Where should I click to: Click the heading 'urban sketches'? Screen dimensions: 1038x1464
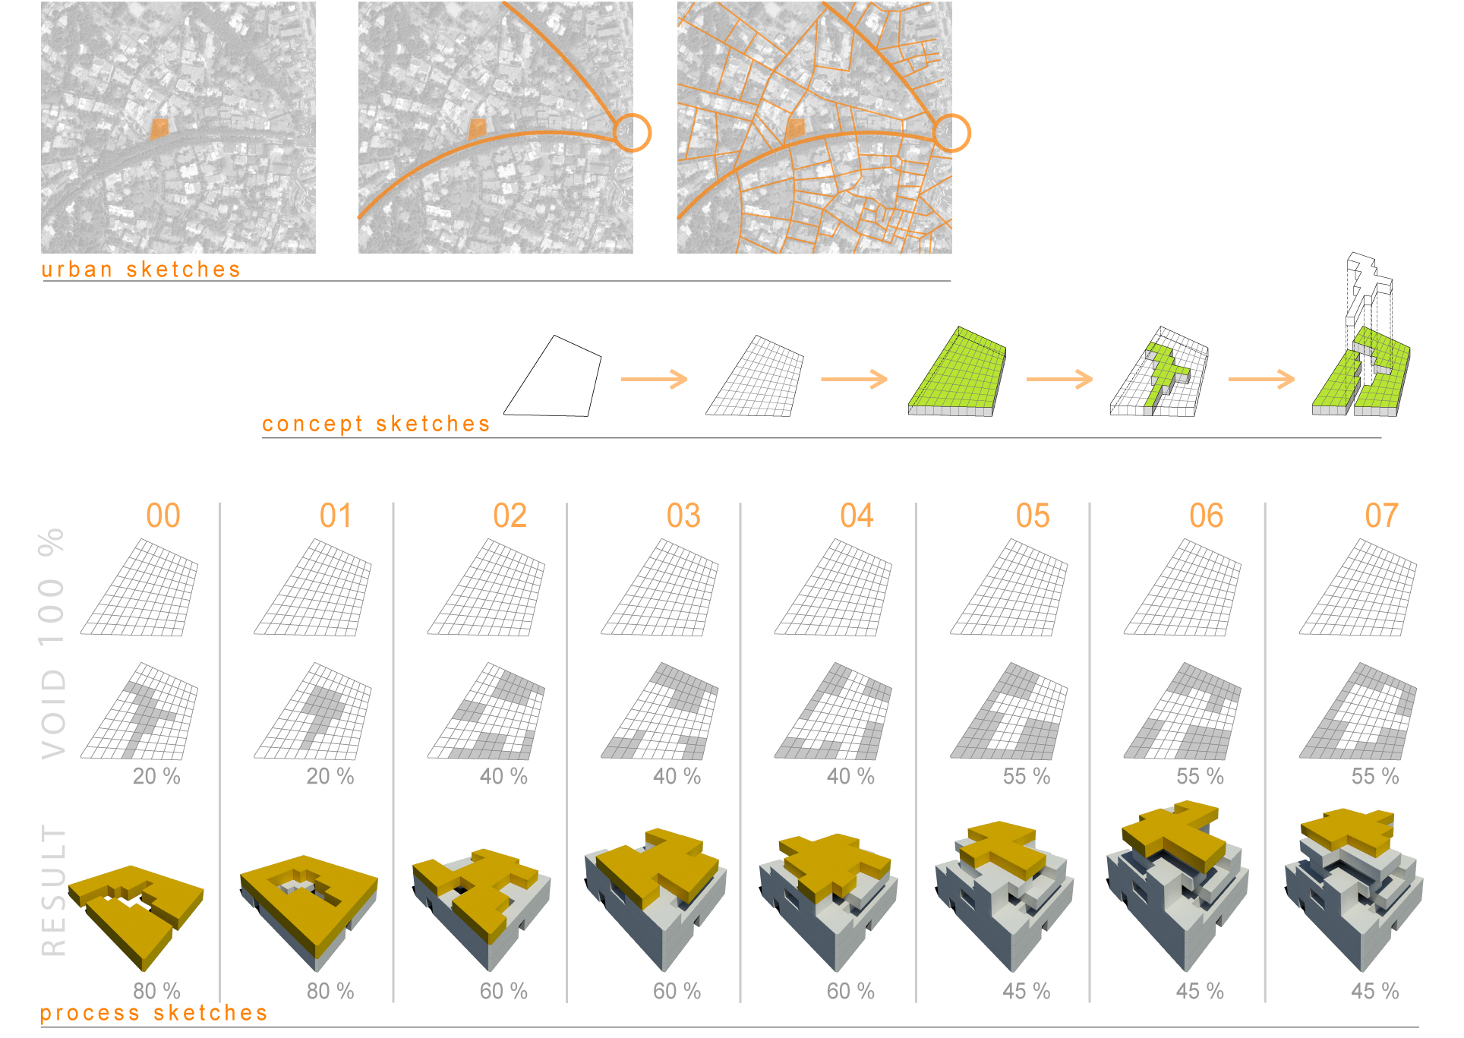coord(140,270)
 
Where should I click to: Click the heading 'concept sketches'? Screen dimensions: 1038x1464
coord(376,424)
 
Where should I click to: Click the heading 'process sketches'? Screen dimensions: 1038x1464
coord(153,1013)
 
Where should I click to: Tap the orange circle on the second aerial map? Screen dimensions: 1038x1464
coord(632,133)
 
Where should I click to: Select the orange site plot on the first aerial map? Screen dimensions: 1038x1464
coord(159,128)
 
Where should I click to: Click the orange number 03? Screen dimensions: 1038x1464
coord(683,516)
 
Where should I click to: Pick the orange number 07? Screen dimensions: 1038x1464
coord(1380,516)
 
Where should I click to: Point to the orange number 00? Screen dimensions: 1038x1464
coord(162,516)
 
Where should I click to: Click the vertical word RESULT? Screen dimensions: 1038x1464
coord(53,890)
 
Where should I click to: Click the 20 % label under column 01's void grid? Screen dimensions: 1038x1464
coord(330,776)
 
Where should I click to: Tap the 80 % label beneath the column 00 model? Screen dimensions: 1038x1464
coord(156,991)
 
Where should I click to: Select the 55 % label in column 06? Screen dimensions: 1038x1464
coord(1200,776)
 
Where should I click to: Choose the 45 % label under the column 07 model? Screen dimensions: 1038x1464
coord(1374,991)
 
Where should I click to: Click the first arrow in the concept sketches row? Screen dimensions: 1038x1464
coord(654,379)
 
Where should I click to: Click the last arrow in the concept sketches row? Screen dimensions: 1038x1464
coord(1261,379)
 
